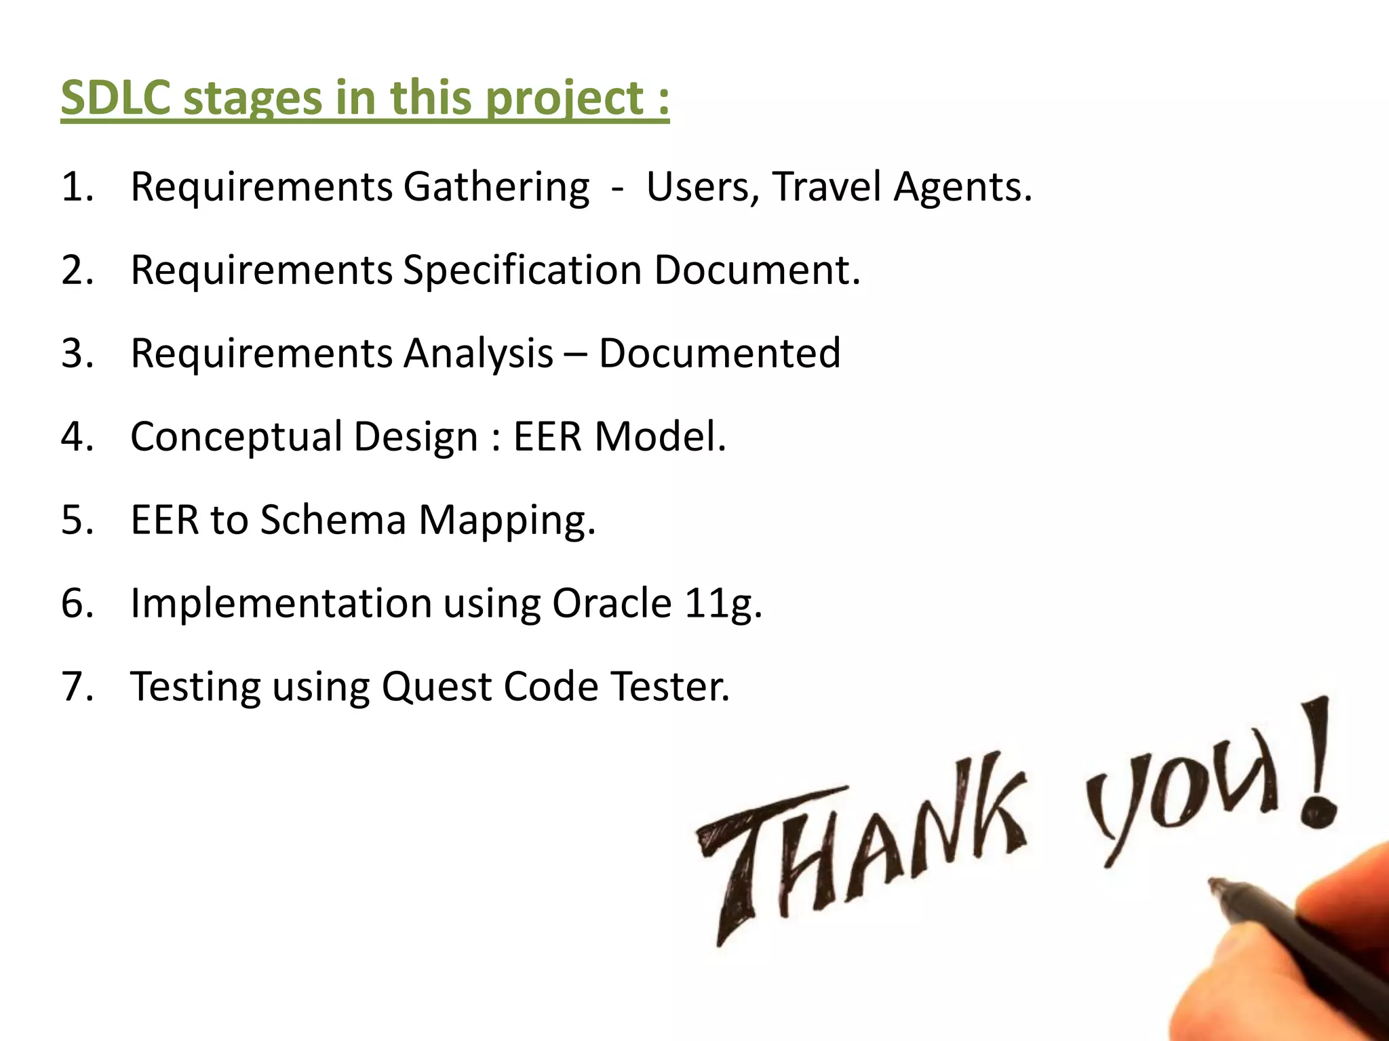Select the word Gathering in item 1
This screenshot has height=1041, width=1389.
pyautogui.click(x=496, y=187)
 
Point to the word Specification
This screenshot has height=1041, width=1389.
pyautogui.click(x=522, y=270)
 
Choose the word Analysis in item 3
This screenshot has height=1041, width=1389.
pyautogui.click(x=478, y=354)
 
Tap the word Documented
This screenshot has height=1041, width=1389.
pyautogui.click(x=719, y=353)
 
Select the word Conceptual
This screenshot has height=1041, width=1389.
pyautogui.click(x=236, y=437)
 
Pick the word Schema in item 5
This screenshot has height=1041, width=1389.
pyautogui.click(x=333, y=520)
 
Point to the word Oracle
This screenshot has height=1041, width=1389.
pyautogui.click(x=612, y=603)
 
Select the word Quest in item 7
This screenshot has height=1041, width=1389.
pyautogui.click(x=437, y=687)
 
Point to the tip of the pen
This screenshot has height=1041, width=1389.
pyautogui.click(x=1214, y=883)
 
